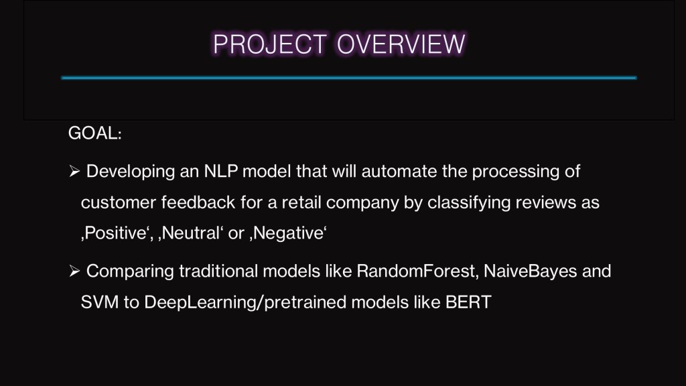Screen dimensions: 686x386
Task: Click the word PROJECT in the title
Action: (269, 44)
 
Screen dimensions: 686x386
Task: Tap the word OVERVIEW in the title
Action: (401, 44)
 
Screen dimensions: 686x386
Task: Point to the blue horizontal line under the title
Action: (348, 78)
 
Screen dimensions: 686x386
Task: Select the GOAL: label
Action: (95, 133)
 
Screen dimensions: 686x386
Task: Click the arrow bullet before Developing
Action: (74, 171)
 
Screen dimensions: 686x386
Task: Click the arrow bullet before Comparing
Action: (74, 271)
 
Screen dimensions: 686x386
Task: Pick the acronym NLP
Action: (221, 171)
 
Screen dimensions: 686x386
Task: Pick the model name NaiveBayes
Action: (531, 272)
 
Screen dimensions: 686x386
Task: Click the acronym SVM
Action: (100, 302)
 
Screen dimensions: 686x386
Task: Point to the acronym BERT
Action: (468, 302)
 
